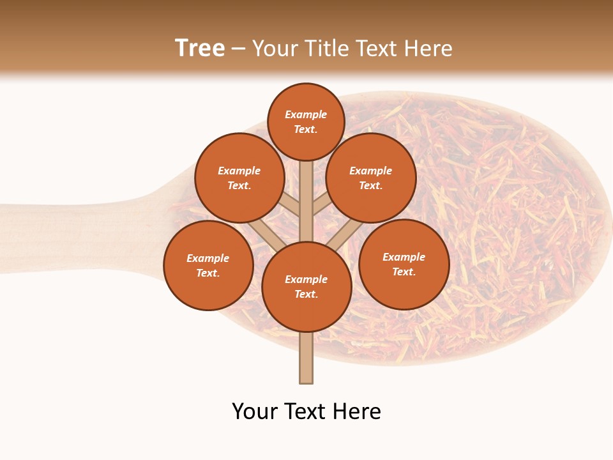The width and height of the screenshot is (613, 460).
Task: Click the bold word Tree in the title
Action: click(x=200, y=49)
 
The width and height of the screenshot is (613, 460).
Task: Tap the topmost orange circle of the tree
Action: click(x=306, y=121)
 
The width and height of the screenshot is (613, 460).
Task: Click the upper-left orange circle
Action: click(x=239, y=178)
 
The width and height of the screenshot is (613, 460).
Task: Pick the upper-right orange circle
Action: click(x=371, y=178)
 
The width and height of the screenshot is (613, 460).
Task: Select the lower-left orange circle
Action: click(x=208, y=265)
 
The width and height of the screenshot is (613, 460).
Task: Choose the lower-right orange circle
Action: click(x=404, y=264)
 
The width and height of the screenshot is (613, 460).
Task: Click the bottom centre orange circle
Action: click(x=306, y=287)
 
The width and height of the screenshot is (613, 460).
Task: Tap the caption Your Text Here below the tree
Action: click(x=306, y=411)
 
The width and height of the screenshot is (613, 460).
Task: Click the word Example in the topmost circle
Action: click(x=306, y=115)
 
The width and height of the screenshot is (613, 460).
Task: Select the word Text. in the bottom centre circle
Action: click(x=306, y=295)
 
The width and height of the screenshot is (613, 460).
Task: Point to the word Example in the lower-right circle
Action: click(x=404, y=257)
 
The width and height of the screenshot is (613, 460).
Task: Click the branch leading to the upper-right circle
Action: click(x=321, y=204)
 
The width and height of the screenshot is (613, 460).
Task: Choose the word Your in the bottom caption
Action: click(x=255, y=411)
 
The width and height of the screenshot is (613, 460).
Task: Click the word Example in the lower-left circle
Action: click(x=208, y=258)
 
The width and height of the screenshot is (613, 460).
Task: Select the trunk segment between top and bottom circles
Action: click(x=306, y=201)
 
